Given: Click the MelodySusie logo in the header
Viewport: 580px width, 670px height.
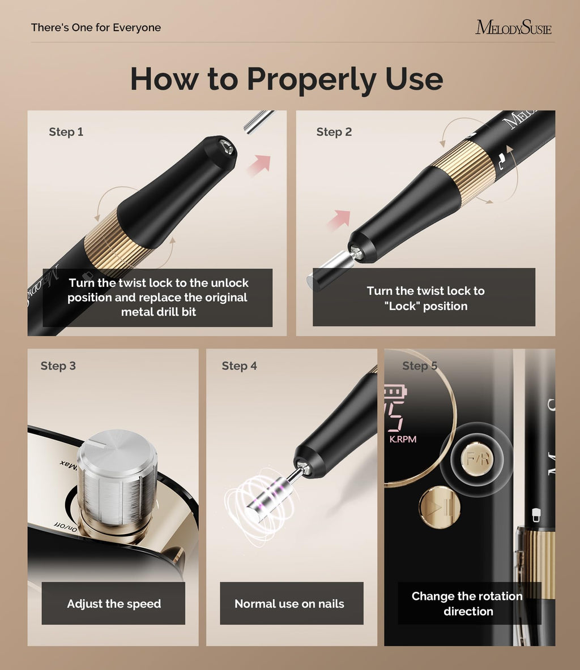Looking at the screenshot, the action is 513,27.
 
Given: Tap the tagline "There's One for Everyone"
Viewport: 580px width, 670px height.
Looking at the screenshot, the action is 96,27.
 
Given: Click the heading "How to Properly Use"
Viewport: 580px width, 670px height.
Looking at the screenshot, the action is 287,79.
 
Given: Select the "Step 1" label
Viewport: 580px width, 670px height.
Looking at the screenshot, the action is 66,132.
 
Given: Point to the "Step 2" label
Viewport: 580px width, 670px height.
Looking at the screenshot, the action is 334,132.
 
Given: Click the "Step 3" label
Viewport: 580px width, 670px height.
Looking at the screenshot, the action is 58,366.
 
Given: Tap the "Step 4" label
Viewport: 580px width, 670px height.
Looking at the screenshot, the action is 239,366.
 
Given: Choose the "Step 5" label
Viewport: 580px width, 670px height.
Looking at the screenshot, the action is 420,366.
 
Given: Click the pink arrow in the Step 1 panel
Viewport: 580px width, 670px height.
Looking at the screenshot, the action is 259,165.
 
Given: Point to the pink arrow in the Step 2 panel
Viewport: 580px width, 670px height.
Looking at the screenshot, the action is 339,220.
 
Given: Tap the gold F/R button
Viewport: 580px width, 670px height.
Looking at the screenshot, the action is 477,459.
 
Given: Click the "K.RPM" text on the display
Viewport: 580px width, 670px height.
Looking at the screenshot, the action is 403,439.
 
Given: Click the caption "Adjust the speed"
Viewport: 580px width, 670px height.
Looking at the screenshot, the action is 114,603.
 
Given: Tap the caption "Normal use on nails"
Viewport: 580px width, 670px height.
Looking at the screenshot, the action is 289,603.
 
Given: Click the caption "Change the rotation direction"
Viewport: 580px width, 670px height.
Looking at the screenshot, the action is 467,603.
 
